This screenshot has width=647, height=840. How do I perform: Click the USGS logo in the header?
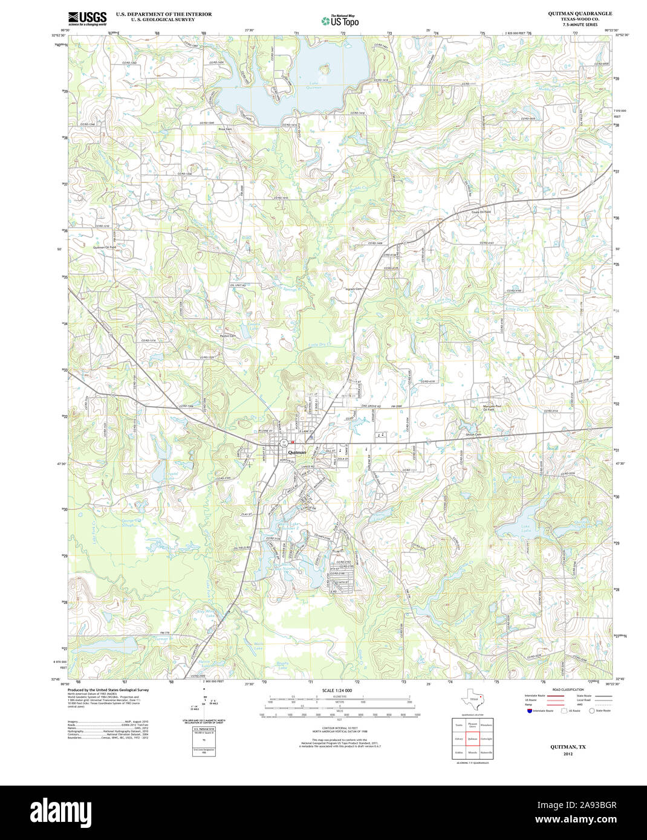(87, 18)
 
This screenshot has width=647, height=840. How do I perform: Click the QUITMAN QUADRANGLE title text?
(580, 13)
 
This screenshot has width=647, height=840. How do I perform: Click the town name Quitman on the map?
(297, 452)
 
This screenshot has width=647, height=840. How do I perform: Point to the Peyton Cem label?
(227, 336)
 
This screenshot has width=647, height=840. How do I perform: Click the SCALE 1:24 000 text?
(337, 690)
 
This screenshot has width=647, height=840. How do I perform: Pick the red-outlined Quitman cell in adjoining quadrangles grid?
(472, 738)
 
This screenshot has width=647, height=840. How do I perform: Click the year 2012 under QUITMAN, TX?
(567, 754)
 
